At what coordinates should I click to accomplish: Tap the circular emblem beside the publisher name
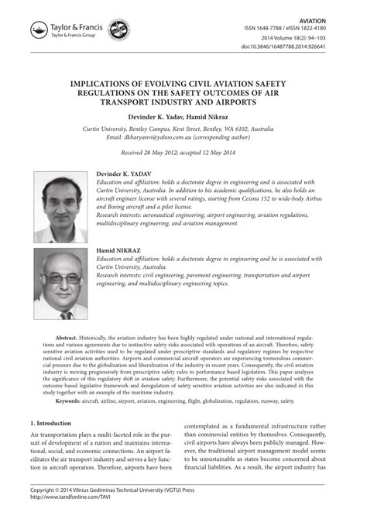118,30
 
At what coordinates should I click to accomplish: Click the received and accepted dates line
183,153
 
